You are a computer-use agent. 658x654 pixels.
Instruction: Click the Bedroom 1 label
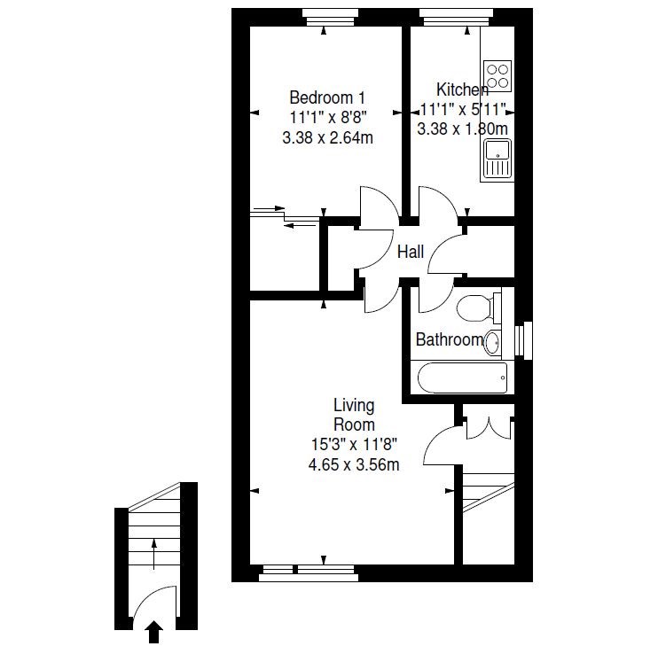pos(327,97)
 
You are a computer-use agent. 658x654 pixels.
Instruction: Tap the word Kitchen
pos(462,90)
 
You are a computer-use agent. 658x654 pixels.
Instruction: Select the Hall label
pos(411,252)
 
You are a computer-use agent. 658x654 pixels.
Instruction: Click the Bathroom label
pos(450,339)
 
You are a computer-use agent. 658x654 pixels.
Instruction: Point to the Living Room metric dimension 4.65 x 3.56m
pos(354,464)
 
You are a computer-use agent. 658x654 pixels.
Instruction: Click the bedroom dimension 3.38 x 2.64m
pos(328,137)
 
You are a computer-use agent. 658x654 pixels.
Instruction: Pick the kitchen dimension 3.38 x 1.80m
pos(462,128)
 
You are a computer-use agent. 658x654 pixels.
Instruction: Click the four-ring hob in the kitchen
pos(497,76)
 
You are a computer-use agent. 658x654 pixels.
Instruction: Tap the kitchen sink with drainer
pos(497,160)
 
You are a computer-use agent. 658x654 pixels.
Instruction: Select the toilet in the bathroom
pos(478,308)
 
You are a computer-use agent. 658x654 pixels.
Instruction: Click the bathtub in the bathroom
pos(462,378)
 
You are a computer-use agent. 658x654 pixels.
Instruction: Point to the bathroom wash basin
pos(493,343)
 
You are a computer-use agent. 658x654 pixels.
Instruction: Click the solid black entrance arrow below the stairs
pos(154,632)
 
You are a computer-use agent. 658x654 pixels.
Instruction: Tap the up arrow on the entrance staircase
pos(154,554)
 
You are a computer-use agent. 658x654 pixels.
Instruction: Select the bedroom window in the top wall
pos(330,18)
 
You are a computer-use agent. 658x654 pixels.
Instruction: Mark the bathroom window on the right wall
pos(523,340)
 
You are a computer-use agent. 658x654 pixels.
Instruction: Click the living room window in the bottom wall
pos(309,573)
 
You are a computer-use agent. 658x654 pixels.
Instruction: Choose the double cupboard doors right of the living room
pos(489,428)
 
